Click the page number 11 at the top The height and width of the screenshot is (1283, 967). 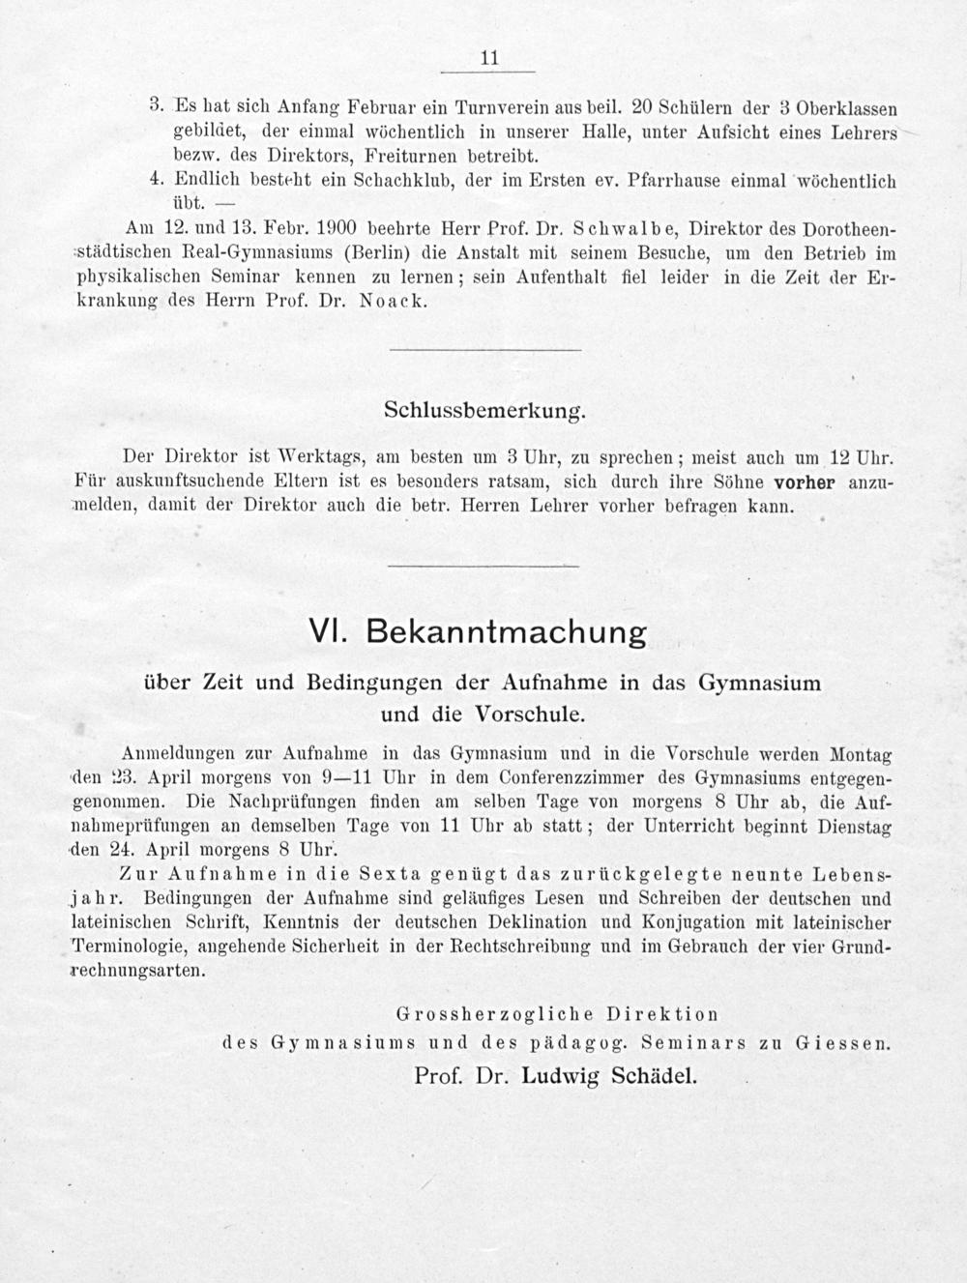tap(488, 59)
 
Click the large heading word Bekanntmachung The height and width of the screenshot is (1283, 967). tap(508, 634)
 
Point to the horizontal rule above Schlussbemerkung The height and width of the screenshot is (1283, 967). tap(484, 349)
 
